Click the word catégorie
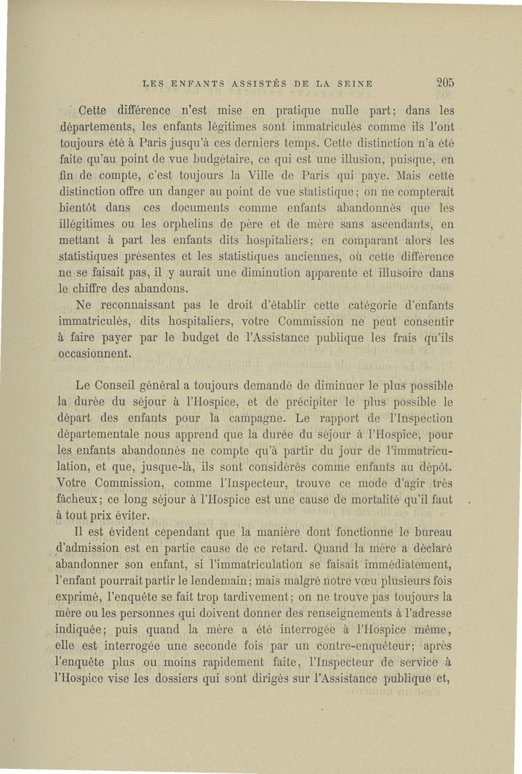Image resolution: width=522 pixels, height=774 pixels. (373, 305)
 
